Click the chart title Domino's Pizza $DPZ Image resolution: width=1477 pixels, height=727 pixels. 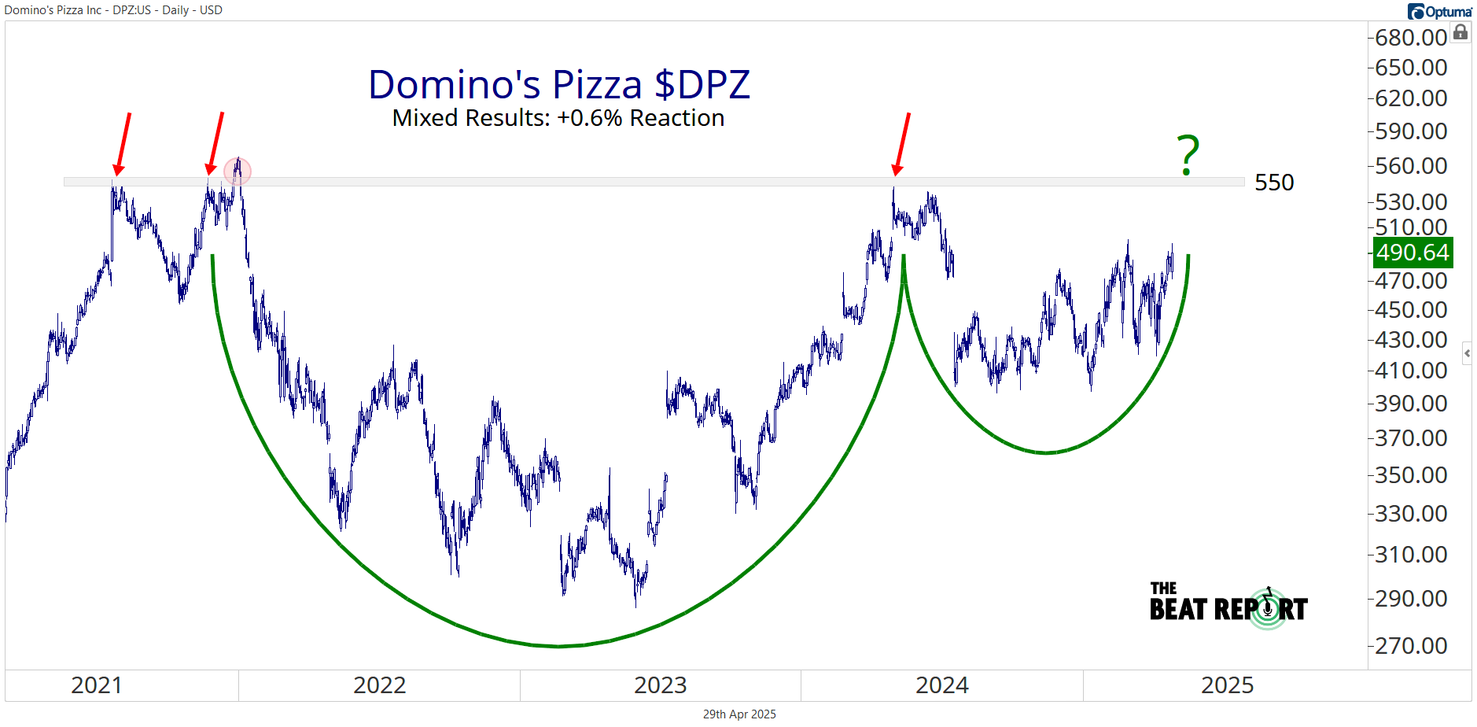(x=558, y=84)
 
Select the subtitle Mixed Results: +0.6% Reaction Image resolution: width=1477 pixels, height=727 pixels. (x=558, y=118)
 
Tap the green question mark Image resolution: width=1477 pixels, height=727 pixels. (x=1188, y=155)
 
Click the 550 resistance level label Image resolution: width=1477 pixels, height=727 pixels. (x=1274, y=183)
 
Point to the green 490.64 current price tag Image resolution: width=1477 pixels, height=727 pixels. (x=1413, y=253)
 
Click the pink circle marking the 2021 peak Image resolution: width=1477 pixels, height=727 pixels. (x=238, y=171)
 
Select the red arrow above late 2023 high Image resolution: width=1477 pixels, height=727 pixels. (x=902, y=143)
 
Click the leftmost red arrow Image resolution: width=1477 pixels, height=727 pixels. (x=123, y=143)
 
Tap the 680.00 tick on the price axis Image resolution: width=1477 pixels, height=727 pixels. (x=1411, y=38)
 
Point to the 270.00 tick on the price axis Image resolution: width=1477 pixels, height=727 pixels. (x=1411, y=646)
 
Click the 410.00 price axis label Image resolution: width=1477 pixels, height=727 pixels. (x=1411, y=371)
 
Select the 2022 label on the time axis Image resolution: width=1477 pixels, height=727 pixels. (x=379, y=685)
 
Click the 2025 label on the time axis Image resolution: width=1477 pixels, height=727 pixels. (x=1227, y=685)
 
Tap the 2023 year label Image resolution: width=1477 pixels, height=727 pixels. (x=661, y=685)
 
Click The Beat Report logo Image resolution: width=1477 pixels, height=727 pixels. (x=1228, y=606)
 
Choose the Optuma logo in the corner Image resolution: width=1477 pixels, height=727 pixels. (x=1439, y=11)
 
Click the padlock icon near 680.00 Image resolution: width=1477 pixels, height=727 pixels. (x=1460, y=32)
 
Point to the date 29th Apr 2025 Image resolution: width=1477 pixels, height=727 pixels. (x=739, y=714)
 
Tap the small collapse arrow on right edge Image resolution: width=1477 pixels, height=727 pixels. (x=1467, y=353)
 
